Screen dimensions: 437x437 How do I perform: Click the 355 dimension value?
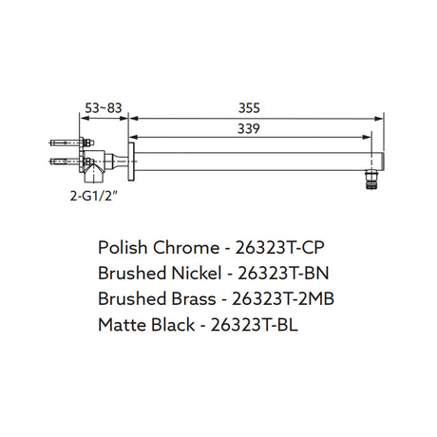point(249,108)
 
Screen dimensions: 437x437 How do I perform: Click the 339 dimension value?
point(249,128)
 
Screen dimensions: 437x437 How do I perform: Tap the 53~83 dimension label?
point(104,108)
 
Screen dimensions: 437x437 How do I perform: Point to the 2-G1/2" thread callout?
point(94,197)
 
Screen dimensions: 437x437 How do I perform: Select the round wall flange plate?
point(131,161)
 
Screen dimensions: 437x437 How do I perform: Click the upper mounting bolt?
point(71,142)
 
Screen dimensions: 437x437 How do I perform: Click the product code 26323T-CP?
point(279,247)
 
